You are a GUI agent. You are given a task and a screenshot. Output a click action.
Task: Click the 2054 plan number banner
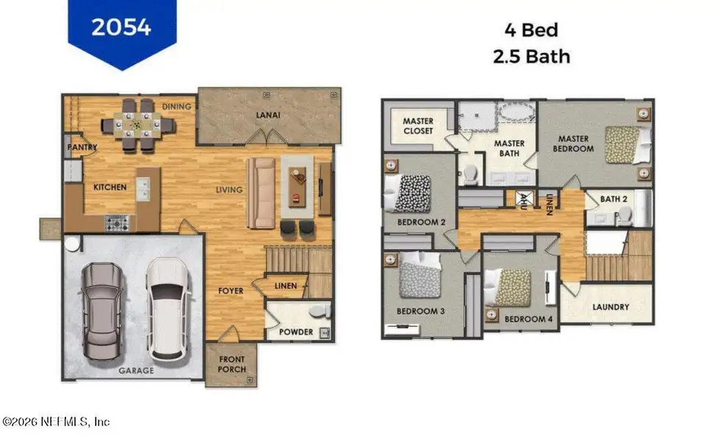coord(121,28)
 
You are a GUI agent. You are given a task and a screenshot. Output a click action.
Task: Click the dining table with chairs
coord(138,126)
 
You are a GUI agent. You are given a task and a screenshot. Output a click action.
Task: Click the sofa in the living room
coord(261,193)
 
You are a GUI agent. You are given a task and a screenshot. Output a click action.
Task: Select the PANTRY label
coord(82,147)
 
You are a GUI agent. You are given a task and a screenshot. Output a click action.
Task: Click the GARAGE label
coord(137,370)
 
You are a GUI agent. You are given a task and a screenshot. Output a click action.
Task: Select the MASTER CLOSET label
coord(418,126)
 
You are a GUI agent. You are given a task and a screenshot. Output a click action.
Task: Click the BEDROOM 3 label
coord(421,311)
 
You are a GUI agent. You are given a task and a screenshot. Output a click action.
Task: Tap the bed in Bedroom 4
coord(513,287)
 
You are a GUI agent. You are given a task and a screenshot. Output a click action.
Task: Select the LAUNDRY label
coord(610,306)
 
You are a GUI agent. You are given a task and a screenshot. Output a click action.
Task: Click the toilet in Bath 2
coord(624,215)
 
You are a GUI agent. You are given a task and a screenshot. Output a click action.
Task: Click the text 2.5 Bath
coord(532,56)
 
